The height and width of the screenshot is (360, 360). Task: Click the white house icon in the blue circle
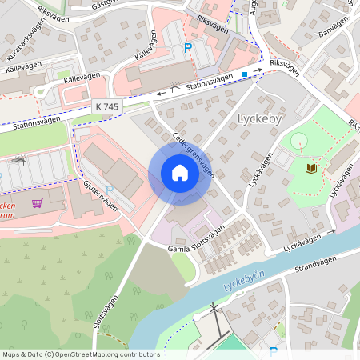[x=180, y=172]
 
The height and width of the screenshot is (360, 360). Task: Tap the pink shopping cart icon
[x=37, y=202]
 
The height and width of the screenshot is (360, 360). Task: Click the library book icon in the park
[x=310, y=168]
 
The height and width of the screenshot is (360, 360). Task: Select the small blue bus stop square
[x=245, y=74]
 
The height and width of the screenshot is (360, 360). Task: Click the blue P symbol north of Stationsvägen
[x=188, y=49]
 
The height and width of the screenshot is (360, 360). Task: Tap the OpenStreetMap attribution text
[x=80, y=354]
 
